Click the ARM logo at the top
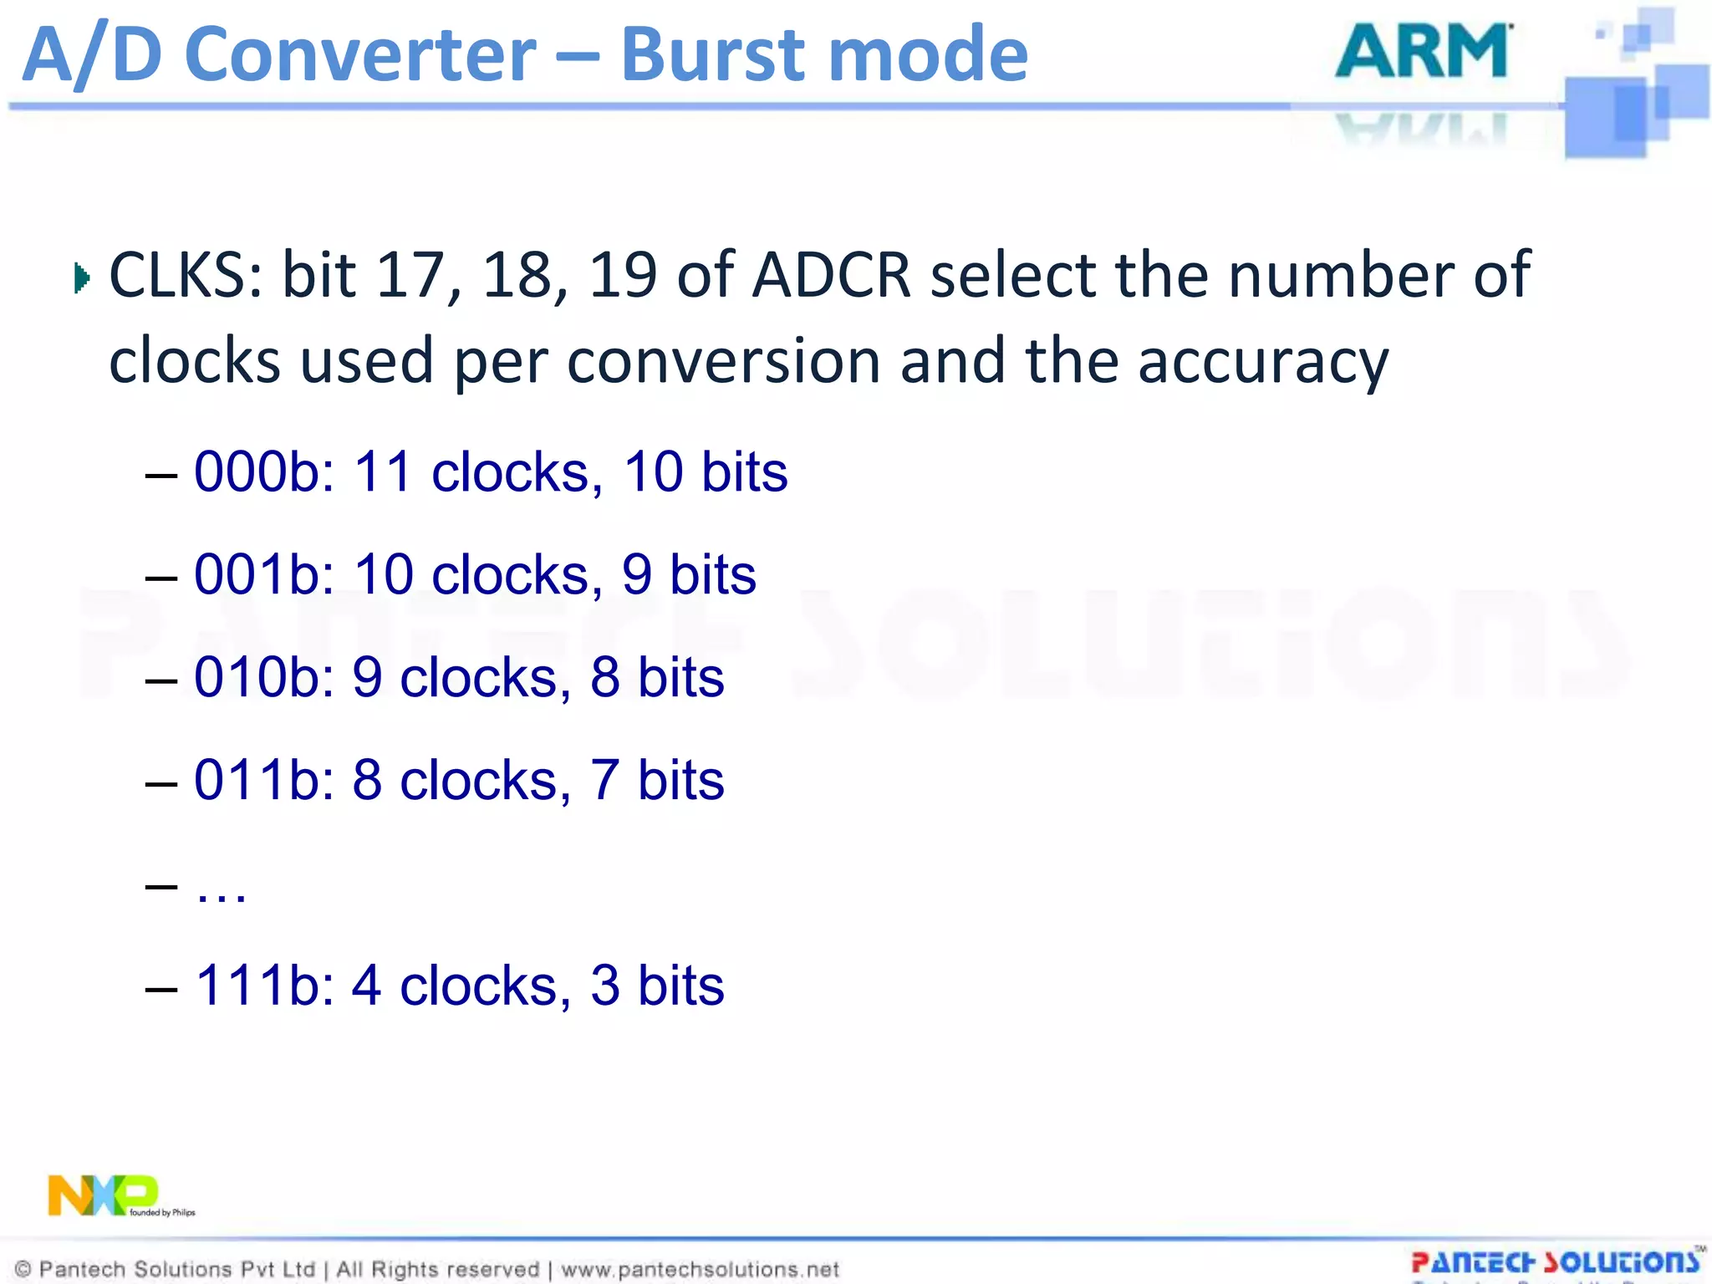point(1423,52)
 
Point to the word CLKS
point(186,275)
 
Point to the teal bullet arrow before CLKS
point(81,278)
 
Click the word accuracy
point(1262,362)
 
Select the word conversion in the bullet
point(723,362)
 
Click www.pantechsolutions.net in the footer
point(700,1269)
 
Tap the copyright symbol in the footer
point(23,1269)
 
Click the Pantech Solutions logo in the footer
point(1555,1262)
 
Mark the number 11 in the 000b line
point(383,472)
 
